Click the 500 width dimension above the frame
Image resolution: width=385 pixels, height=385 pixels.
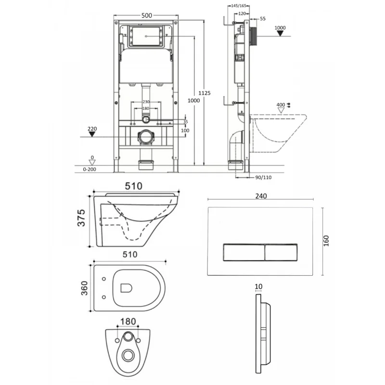click(147, 15)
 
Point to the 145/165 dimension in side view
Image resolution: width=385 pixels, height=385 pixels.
click(238, 6)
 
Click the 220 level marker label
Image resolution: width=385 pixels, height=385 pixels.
click(92, 129)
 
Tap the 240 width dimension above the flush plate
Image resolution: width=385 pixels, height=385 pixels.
click(261, 196)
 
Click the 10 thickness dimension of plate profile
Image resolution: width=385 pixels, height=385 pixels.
click(259, 286)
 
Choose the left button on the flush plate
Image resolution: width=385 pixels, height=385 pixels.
click(243, 251)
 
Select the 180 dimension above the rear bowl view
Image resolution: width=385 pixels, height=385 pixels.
click(128, 321)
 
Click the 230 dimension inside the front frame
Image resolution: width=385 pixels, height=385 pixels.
click(146, 102)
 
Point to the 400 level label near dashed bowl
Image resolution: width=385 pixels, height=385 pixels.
click(281, 105)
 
